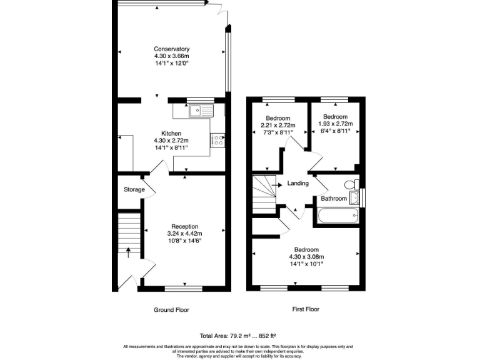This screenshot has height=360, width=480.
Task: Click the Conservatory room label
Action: click(172, 49)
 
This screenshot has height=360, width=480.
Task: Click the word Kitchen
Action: click(171, 134)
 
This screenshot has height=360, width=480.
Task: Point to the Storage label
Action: click(134, 189)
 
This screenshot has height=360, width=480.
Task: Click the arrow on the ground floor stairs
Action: click(129, 252)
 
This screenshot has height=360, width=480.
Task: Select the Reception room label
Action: click(185, 226)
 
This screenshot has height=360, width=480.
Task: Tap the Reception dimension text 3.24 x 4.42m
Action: click(185, 234)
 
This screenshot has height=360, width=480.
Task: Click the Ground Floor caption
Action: click(171, 310)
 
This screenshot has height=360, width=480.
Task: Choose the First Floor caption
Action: click(306, 309)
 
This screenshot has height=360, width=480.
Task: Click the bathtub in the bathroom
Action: click(338, 216)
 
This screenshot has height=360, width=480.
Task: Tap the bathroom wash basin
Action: click(355, 199)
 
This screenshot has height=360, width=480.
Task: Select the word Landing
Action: click(297, 184)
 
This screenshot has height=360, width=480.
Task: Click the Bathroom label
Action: click(334, 199)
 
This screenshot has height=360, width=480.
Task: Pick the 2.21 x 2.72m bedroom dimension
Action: click(277, 125)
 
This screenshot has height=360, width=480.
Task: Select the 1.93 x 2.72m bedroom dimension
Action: click(335, 124)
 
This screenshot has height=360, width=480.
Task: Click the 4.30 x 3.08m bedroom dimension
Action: click(306, 256)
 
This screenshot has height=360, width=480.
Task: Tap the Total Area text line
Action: click(238, 336)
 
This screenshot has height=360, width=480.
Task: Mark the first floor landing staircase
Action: click(264, 194)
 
